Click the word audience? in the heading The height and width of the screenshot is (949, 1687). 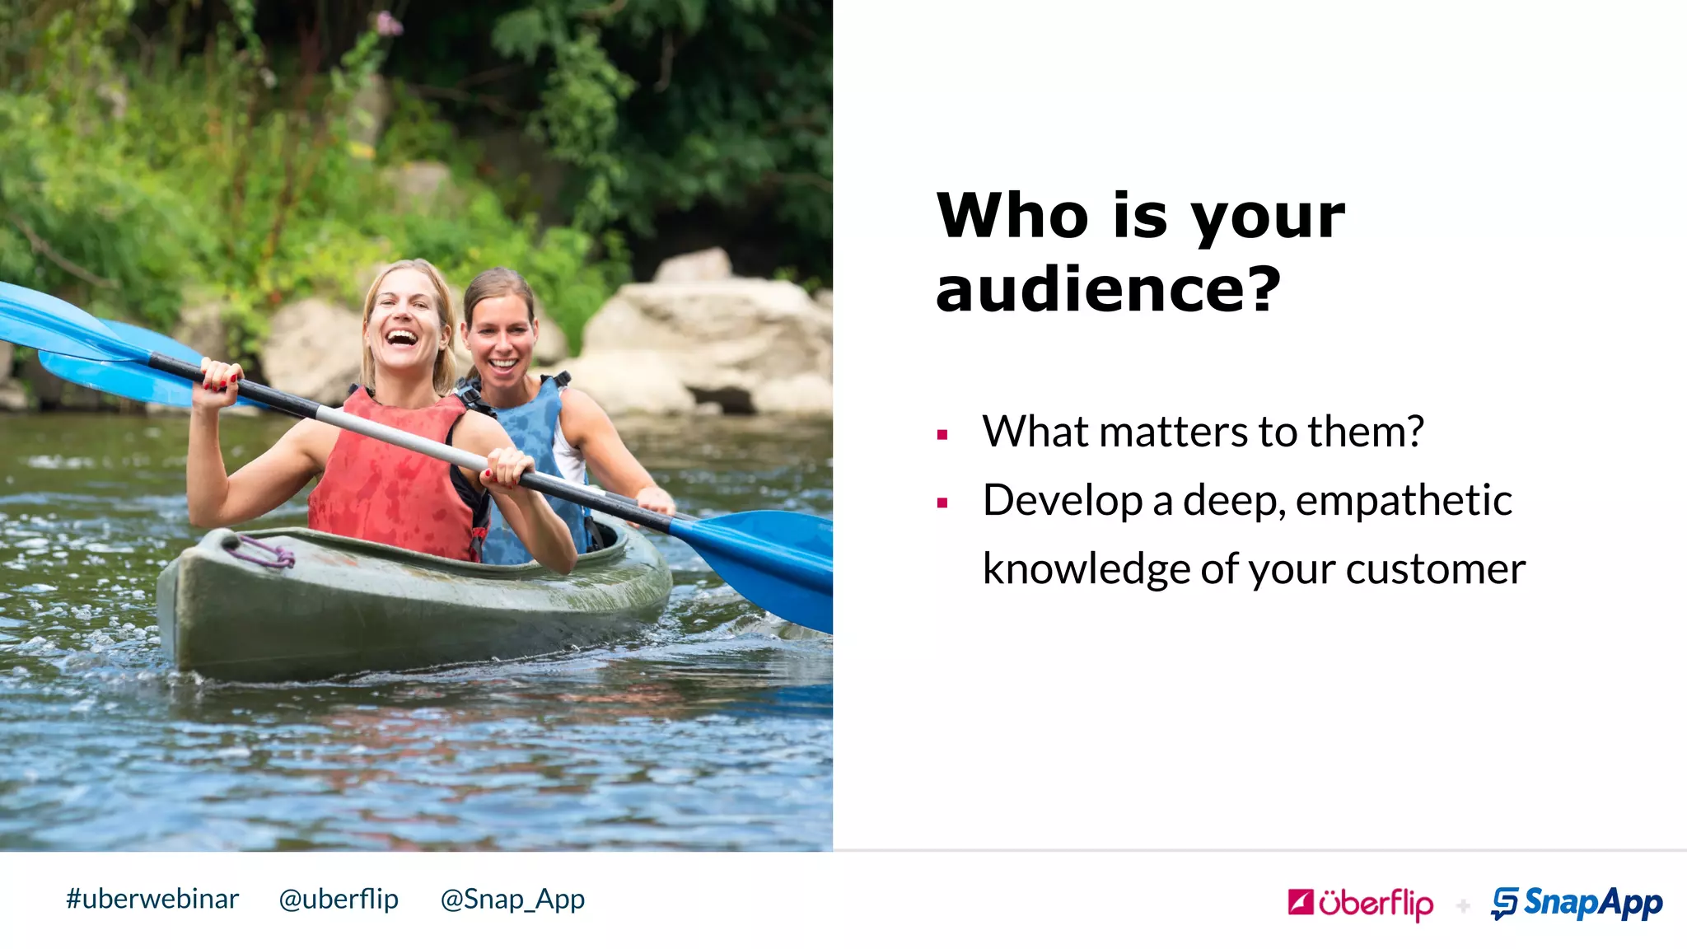(x=1108, y=290)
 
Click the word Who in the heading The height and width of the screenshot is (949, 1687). (x=1012, y=216)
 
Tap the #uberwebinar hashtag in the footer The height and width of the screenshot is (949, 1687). (x=152, y=899)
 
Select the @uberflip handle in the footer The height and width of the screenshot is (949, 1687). (x=339, y=899)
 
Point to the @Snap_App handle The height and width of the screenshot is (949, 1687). (x=512, y=899)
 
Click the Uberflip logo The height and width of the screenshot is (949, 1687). (x=1361, y=904)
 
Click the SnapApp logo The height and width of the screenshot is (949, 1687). (x=1577, y=903)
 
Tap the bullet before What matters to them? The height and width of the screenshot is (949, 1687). (x=942, y=434)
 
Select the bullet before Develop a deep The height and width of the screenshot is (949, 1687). (x=942, y=503)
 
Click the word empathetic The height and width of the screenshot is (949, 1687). (x=1404, y=501)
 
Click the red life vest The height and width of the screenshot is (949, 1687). (x=387, y=478)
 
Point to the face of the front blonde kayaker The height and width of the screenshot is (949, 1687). (x=404, y=321)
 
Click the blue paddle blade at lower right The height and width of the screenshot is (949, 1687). (x=766, y=560)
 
